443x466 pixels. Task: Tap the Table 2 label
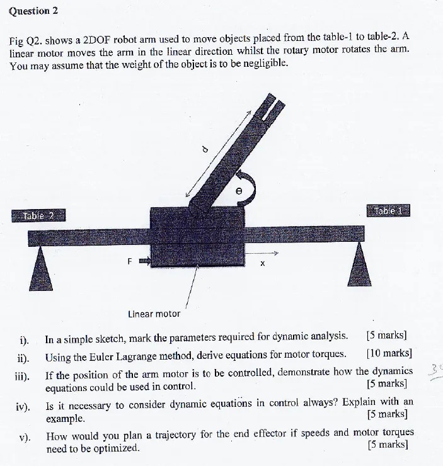point(38,216)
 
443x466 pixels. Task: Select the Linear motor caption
point(154,314)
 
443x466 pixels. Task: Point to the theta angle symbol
point(239,190)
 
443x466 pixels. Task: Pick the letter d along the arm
point(204,149)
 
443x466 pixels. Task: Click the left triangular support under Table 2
point(42,267)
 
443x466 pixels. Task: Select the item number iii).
point(23,376)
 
